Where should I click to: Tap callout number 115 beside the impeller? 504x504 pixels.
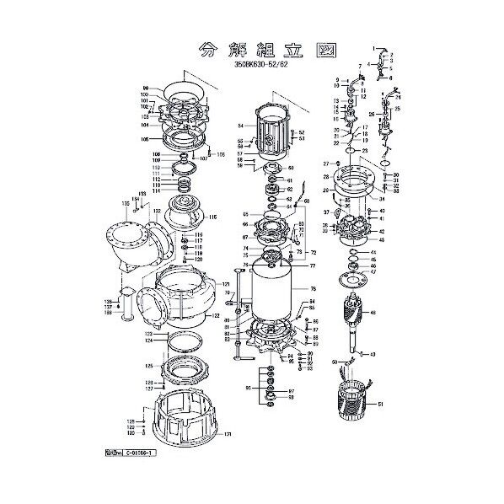pos(213,217)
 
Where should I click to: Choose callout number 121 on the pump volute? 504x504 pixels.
pos(225,284)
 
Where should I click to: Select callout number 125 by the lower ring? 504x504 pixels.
pos(149,367)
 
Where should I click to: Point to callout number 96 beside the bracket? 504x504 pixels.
pos(248,388)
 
